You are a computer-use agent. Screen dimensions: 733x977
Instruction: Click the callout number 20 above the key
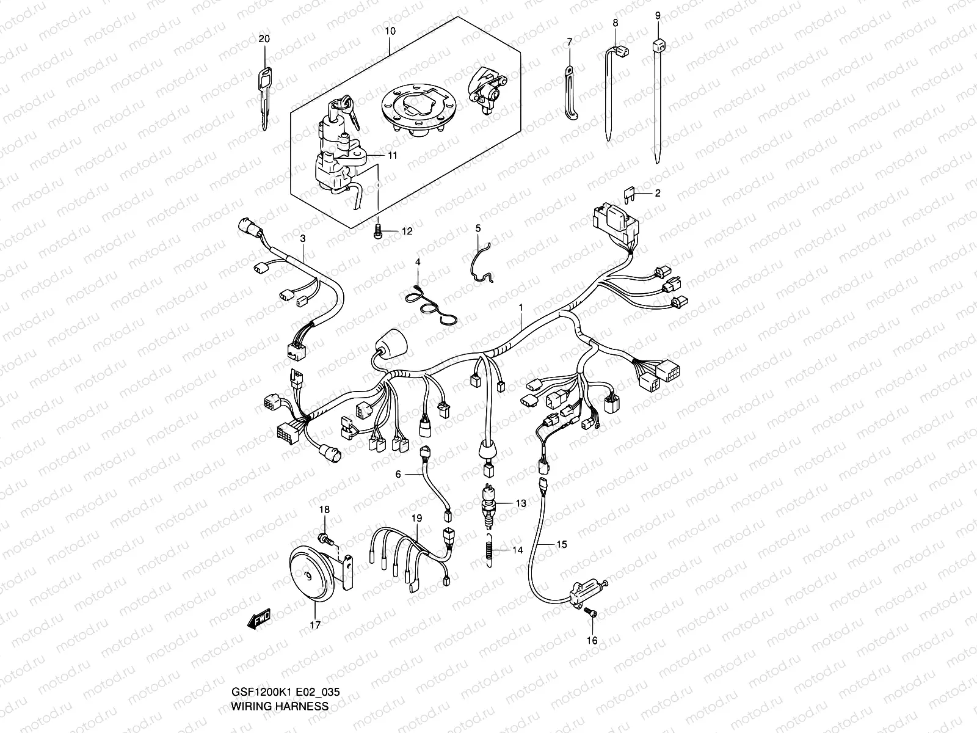pyautogui.click(x=264, y=38)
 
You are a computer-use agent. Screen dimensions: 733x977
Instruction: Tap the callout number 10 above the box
pyautogui.click(x=390, y=31)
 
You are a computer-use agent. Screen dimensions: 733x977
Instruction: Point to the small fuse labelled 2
pyautogui.click(x=630, y=194)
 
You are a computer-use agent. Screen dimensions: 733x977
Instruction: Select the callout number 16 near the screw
pyautogui.click(x=592, y=641)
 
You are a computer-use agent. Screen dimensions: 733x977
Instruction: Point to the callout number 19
pyautogui.click(x=416, y=518)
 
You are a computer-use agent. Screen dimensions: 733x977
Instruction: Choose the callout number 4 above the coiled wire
pyautogui.click(x=418, y=261)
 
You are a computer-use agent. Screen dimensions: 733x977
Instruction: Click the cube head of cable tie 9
pyautogui.click(x=658, y=45)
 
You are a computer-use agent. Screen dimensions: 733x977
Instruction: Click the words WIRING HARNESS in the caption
pyautogui.click(x=280, y=706)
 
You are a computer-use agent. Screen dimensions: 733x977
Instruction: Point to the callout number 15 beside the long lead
pyautogui.click(x=561, y=544)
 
